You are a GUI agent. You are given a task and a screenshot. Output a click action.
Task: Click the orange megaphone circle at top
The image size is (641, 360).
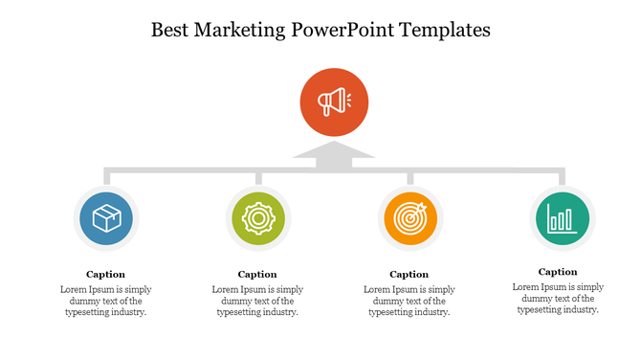point(333,101)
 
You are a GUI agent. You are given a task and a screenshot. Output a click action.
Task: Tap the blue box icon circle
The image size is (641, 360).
point(106,218)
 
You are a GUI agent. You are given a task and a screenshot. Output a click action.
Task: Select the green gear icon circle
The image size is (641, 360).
point(257,218)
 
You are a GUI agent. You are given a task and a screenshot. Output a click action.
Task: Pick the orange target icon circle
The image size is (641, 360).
point(409,218)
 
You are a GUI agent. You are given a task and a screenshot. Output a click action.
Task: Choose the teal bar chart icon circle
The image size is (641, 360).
point(562,217)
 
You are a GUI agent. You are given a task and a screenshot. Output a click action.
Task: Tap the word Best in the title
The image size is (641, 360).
point(173,30)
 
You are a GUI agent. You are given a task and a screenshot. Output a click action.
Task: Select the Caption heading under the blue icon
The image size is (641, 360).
point(105,275)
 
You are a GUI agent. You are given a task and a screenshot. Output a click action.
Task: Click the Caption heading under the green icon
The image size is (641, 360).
point(257,275)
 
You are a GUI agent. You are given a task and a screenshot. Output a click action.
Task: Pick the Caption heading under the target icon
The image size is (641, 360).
point(409,275)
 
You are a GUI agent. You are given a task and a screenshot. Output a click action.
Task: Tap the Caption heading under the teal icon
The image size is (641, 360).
point(558,272)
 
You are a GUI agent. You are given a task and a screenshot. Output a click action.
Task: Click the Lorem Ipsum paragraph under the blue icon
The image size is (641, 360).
point(105,301)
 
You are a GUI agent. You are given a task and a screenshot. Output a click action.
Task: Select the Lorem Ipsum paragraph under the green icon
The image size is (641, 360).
point(257,301)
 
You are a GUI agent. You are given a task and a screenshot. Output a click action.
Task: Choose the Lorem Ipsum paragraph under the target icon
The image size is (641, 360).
point(409,301)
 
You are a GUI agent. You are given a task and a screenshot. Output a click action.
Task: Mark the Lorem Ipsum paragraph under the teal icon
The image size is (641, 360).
point(558,298)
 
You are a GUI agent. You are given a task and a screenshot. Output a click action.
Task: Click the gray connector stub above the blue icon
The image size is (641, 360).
point(106,177)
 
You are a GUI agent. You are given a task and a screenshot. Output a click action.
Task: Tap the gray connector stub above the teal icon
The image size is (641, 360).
point(562,177)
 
